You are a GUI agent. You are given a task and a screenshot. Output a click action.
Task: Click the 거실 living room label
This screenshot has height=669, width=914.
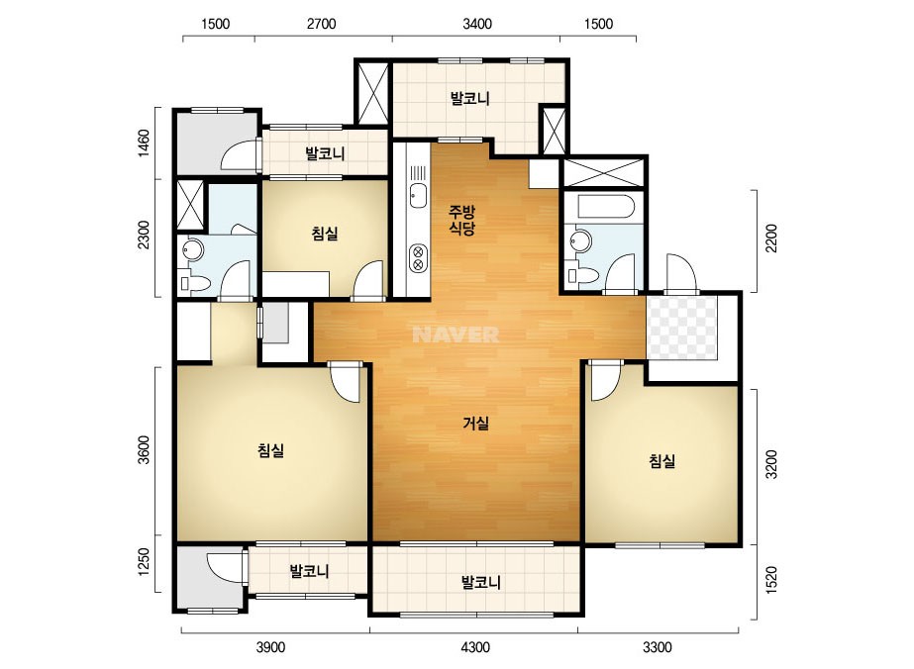point(475,424)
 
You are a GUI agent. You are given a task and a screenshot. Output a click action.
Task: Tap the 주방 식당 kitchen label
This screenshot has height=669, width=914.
point(461,220)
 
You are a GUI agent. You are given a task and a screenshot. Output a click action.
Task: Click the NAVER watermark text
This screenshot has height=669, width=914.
point(456,334)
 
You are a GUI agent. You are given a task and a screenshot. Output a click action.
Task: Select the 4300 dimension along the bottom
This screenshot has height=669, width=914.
point(475,647)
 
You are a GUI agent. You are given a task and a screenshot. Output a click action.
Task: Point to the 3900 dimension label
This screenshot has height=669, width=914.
point(270,647)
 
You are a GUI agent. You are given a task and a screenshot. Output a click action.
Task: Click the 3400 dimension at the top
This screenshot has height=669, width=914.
point(477,24)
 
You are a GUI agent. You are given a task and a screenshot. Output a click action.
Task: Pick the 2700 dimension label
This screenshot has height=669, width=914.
point(321,24)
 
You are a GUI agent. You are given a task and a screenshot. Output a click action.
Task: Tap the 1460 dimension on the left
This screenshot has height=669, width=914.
point(144,143)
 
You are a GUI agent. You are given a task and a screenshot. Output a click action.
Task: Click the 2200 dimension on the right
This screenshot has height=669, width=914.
point(771,239)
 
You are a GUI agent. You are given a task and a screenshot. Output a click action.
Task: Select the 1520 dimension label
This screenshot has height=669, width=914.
point(771,580)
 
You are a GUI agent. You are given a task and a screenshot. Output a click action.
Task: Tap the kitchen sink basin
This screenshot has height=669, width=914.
point(417,195)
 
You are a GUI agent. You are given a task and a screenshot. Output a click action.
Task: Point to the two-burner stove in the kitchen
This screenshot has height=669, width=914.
point(418,258)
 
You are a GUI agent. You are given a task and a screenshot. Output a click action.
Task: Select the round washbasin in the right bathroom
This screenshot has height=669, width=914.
point(580,239)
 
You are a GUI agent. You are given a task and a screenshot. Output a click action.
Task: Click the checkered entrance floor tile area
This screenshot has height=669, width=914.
point(682,328)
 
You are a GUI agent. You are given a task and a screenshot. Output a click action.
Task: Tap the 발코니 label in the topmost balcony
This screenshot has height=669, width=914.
point(469,99)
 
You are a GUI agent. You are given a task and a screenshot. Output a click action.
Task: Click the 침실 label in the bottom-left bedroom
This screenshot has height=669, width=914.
point(270,450)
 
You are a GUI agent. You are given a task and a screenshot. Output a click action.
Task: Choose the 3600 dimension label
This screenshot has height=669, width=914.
point(144,449)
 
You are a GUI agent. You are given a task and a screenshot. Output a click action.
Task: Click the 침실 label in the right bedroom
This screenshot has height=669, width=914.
point(662,461)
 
